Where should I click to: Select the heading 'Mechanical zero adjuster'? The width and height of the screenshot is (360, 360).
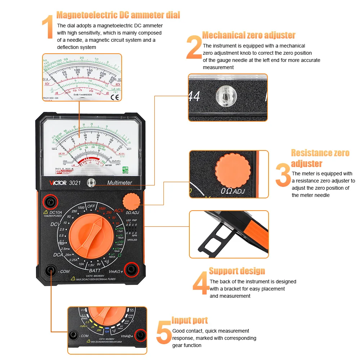coord(249,35)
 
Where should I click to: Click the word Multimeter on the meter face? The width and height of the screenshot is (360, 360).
coord(120,183)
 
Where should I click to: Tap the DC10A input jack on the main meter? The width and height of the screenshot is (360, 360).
coord(49,202)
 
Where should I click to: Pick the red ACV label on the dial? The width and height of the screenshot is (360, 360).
coord(119,210)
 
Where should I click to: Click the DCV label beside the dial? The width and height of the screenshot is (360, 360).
coord(55,224)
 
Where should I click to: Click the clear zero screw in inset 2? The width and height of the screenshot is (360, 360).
coord(224,96)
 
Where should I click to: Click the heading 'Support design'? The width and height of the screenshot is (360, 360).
coord(237,271)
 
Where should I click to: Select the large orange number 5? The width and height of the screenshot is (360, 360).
coord(164,333)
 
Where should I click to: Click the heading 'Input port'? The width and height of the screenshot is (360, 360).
coord(190,320)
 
